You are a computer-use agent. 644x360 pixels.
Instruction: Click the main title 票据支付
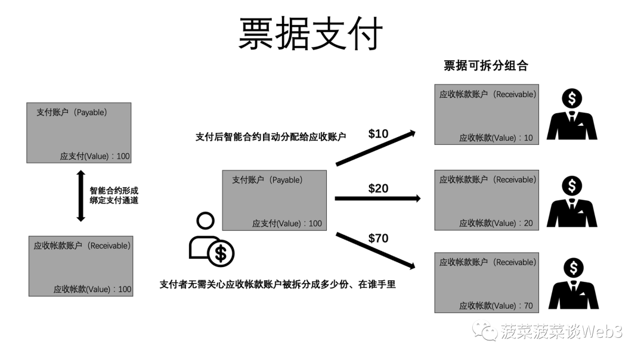311,33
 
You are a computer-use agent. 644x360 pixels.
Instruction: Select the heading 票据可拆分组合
486,66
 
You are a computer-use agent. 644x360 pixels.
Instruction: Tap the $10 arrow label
378,134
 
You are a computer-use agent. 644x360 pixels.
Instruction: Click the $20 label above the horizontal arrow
378,188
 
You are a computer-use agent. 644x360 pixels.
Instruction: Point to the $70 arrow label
378,238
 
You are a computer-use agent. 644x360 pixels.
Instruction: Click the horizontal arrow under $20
378,198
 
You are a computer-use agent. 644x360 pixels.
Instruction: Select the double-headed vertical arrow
81,196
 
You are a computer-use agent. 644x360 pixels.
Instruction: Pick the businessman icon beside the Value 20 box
572,201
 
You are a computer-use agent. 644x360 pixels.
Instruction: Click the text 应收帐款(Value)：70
496,306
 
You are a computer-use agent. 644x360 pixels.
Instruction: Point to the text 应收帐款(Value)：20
496,224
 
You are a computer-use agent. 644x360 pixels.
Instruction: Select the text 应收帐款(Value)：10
496,138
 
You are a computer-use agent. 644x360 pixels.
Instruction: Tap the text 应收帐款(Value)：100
92,290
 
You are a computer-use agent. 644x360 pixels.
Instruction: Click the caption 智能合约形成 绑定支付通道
114,195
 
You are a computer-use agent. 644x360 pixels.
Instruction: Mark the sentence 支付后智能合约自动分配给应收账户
271,137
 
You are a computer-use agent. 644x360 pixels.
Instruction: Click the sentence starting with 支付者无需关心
278,284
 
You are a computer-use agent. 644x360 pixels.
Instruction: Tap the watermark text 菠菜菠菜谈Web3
562,331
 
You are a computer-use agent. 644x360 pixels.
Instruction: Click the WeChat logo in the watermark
485,331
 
